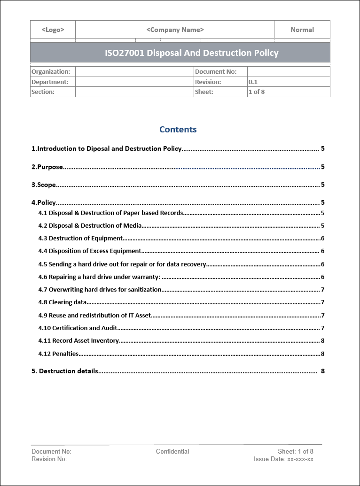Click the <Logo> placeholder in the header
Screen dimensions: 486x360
tap(53, 30)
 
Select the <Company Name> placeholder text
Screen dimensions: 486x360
tap(175, 30)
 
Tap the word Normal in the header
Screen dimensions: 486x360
tap(302, 30)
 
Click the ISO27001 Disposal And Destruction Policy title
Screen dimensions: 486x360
tap(192, 53)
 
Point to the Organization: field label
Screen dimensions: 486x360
tap(51, 72)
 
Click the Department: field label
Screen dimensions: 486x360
tap(50, 82)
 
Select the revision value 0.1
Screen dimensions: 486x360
tap(253, 82)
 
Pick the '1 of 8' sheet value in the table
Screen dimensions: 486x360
tap(256, 92)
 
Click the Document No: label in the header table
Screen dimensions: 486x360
tap(215, 72)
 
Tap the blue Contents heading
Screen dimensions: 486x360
tap(178, 130)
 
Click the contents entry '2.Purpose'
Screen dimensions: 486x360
tap(47, 167)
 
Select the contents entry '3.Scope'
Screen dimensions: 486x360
tap(44, 185)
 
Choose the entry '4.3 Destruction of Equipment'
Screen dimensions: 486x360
tap(80, 239)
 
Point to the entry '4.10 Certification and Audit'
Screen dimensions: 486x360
tap(78, 328)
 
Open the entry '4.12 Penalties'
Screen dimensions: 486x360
tap(58, 354)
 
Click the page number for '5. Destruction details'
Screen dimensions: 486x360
tap(323, 371)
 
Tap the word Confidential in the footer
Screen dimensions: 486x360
tap(172, 452)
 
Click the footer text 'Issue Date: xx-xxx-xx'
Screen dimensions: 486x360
tap(283, 459)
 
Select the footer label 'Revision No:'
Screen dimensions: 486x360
tap(49, 459)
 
